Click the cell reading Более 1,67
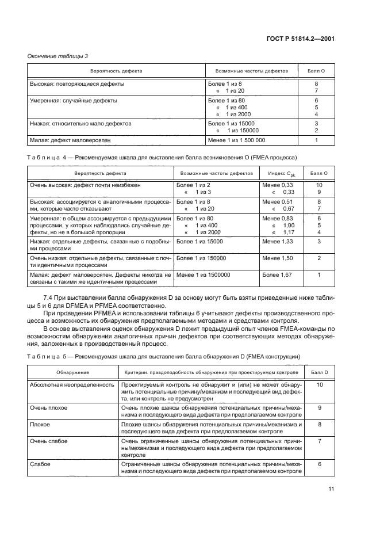277,275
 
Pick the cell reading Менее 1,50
277,258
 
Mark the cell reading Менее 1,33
277,242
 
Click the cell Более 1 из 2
194,185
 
